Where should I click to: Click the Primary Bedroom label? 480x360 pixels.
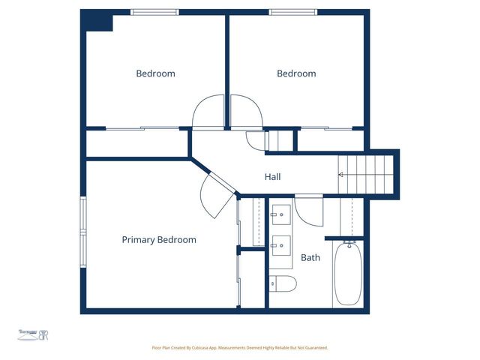pos(159,240)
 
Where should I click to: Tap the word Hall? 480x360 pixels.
pos(272,178)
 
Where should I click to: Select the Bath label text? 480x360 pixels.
pos(310,258)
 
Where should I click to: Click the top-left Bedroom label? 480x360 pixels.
pos(155,73)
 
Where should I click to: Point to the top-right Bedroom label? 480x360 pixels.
pos(296,73)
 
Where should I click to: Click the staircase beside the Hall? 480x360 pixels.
pos(366,175)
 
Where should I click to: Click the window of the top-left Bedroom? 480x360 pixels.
pos(154,12)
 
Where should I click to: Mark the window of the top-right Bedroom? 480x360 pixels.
pos(293,12)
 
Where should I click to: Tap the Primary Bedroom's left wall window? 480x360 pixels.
pos(83,233)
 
